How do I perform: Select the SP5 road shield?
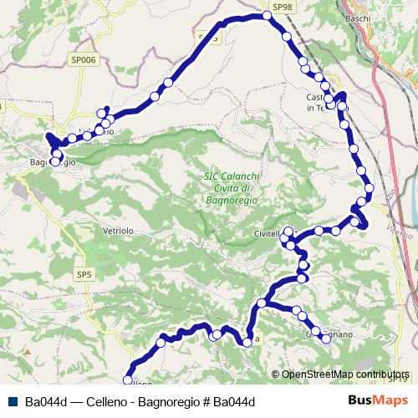(84, 274)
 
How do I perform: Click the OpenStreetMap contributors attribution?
(345, 375)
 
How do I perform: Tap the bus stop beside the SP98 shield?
(268, 16)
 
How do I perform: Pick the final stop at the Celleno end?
(129, 376)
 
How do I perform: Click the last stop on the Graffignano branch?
(326, 339)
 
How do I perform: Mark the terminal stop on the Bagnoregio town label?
(55, 162)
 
